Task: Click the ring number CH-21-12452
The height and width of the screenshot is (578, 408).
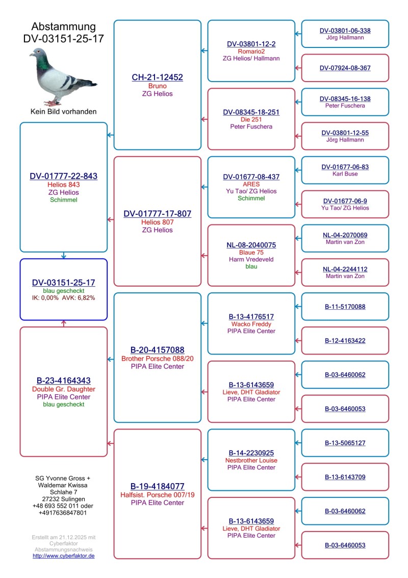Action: (157, 78)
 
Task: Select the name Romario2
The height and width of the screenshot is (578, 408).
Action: (251, 52)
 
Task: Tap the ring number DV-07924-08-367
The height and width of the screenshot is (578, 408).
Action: (345, 68)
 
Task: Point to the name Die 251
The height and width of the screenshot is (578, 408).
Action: (251, 119)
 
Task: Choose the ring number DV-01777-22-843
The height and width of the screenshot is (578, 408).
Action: (63, 176)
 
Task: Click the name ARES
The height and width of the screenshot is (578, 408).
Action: (251, 184)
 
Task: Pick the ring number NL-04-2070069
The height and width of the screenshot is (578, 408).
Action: (345, 235)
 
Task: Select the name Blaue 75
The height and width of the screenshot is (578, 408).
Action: (251, 253)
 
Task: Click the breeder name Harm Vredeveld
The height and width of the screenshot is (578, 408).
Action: (251, 260)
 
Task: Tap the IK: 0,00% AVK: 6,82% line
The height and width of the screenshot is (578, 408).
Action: (63, 297)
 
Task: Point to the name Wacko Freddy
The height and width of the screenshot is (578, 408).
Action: (251, 324)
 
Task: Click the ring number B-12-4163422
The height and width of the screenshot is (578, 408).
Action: (345, 340)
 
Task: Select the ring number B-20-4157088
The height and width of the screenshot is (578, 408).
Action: (157, 350)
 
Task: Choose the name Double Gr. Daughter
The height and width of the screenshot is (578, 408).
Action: (63, 389)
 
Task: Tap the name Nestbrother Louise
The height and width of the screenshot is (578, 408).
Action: (251, 460)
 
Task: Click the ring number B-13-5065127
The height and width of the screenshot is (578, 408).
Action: (345, 443)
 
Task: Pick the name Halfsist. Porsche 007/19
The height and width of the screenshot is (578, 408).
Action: (157, 495)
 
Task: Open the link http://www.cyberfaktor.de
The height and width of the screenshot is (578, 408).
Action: (63, 556)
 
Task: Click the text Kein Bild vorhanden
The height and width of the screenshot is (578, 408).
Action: (63, 111)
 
